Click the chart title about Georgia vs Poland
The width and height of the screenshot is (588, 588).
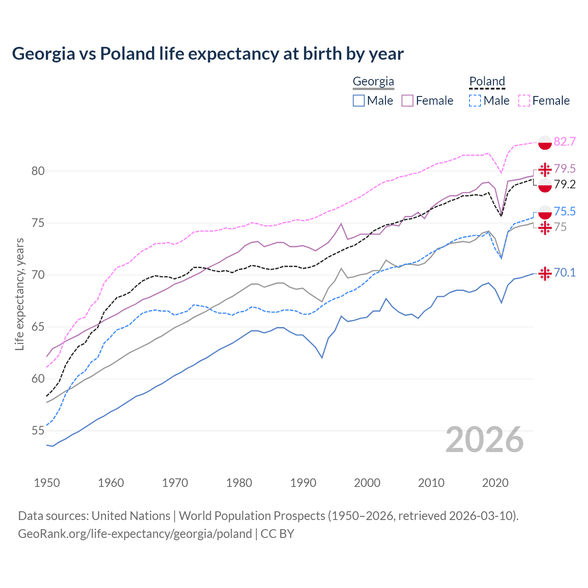click(208, 54)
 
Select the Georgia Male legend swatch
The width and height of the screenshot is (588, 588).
click(359, 101)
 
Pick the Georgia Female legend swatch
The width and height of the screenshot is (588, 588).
click(407, 101)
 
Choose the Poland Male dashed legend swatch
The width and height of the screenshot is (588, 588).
click(475, 101)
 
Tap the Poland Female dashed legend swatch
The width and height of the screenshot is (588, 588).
click(524, 101)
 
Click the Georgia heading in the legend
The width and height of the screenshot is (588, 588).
click(373, 82)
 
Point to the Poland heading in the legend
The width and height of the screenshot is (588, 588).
click(487, 82)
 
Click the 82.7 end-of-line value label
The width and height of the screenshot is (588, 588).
click(565, 141)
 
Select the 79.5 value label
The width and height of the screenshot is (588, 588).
click(565, 169)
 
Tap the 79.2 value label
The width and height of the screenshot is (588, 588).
click(565, 185)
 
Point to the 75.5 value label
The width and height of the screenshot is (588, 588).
click(565, 211)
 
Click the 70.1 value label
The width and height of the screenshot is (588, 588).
click(565, 272)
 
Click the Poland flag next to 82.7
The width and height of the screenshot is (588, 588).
click(545, 142)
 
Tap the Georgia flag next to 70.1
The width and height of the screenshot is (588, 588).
click(545, 273)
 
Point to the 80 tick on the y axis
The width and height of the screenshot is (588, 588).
click(38, 171)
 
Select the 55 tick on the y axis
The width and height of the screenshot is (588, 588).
click(38, 431)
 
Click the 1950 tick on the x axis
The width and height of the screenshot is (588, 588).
click(47, 483)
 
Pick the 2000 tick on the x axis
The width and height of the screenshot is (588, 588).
click(367, 483)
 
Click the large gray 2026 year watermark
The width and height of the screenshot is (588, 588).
click(485, 440)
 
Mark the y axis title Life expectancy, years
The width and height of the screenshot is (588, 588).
click(20, 294)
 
